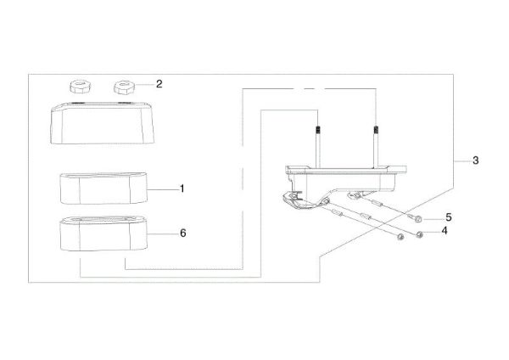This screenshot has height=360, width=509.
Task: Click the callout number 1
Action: click(x=182, y=188)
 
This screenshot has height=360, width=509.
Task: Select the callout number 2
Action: click(x=159, y=84)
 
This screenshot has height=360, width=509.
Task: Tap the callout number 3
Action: click(x=476, y=160)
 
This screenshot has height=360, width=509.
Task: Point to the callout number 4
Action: click(x=444, y=231)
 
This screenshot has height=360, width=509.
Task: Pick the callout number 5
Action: click(x=449, y=217)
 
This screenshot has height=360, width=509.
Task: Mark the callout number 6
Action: click(x=183, y=233)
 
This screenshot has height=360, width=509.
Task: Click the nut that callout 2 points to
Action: click(x=123, y=87)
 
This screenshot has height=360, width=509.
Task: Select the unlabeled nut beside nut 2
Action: click(x=80, y=87)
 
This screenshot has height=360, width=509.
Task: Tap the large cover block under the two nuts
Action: click(x=102, y=123)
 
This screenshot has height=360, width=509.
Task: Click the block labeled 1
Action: click(x=103, y=188)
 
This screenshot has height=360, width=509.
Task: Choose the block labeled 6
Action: click(x=103, y=233)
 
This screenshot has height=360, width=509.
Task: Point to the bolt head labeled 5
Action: click(x=418, y=219)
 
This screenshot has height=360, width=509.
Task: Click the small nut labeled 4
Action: click(x=419, y=234)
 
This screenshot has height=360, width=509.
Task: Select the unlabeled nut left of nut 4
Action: click(x=401, y=237)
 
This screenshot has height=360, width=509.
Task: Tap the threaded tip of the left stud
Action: click(x=319, y=130)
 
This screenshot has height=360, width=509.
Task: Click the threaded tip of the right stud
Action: click(x=376, y=129)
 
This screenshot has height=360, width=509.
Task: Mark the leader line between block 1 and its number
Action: click(x=163, y=189)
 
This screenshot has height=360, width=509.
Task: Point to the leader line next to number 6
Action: click(x=163, y=233)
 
